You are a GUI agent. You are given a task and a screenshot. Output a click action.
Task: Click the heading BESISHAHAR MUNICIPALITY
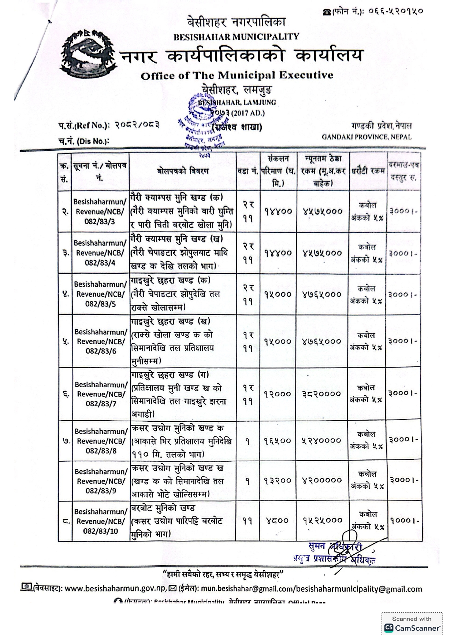pos(236,37)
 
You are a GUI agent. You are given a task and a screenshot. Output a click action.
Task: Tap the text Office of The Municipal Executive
pos(237,75)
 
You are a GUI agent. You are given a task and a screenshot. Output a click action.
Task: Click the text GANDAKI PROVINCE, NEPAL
pos(366,137)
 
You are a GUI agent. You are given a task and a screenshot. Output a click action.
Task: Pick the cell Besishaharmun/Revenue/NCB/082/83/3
pos(100,211)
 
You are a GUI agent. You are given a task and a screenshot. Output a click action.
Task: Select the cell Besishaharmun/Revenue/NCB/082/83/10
pos(100,521)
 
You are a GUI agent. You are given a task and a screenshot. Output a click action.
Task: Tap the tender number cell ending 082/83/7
pos(101,394)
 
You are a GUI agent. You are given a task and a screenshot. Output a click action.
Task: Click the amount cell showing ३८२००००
pos(323,394)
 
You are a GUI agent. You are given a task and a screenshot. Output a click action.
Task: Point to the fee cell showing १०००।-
pos(403,520)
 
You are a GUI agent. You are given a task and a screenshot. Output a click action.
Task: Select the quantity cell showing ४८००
pos(278,521)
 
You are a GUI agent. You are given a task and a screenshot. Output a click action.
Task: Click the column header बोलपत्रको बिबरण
pos(183,171)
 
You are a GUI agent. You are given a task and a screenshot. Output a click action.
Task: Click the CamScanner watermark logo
pos(412,628)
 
